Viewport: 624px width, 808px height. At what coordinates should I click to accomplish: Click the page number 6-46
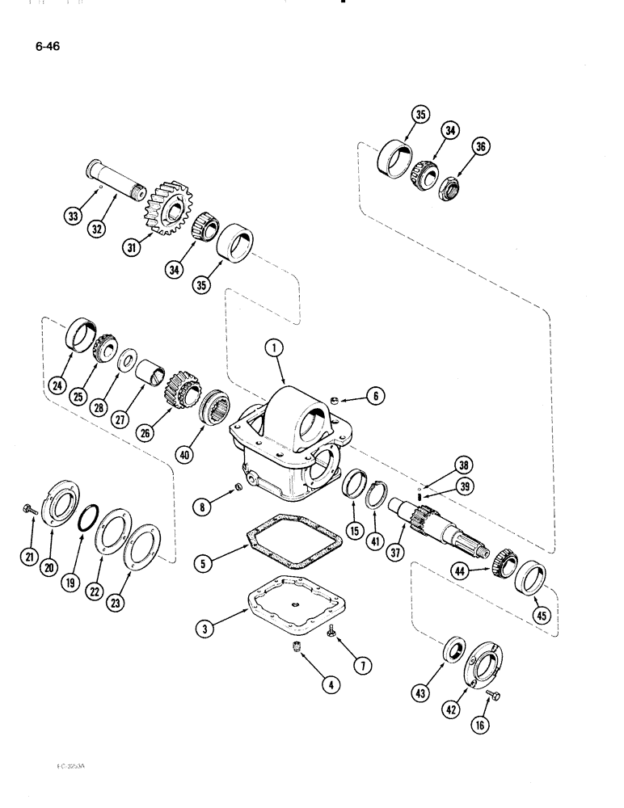(46, 46)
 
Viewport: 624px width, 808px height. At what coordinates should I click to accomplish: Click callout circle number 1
(275, 349)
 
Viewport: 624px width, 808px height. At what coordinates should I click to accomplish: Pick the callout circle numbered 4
(328, 684)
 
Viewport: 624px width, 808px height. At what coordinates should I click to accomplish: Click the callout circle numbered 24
(56, 385)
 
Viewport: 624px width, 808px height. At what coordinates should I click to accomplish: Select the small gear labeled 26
(181, 389)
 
